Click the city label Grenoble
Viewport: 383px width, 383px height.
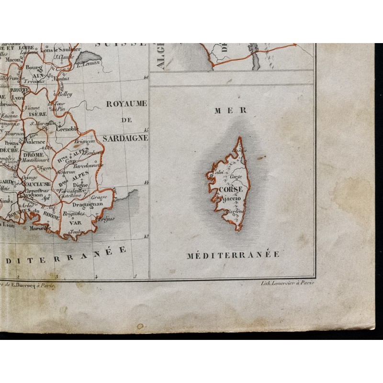pyautogui.click(x=67, y=129)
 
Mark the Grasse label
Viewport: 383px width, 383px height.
pyautogui.click(x=99, y=197)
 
